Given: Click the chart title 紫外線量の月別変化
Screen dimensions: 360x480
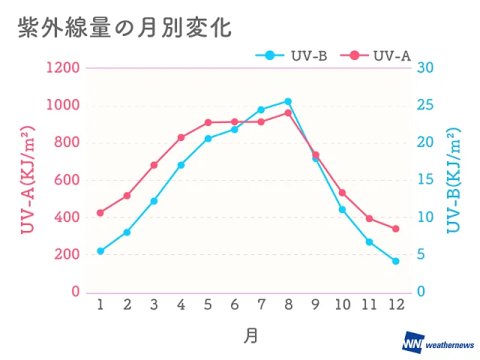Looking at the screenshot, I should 124,28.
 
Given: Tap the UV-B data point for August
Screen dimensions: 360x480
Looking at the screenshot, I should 288,101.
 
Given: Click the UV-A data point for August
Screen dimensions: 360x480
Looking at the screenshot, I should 288,112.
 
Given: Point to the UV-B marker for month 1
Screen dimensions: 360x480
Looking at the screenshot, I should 100,251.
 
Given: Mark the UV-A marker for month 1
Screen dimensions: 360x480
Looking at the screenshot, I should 100,213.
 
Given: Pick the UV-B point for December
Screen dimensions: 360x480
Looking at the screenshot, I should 396,261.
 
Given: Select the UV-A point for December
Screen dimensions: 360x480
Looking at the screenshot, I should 396,229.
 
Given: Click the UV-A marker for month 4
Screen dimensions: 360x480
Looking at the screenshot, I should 181,137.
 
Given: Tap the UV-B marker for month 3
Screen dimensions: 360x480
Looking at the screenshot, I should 154,201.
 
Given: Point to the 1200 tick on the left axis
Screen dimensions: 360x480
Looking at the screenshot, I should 64,68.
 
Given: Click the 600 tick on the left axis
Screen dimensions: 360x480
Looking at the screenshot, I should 67,180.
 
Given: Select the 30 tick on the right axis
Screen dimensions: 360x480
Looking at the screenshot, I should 425,68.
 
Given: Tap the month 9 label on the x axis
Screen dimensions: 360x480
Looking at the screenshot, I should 315,304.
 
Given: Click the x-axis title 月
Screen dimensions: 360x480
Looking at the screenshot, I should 250,335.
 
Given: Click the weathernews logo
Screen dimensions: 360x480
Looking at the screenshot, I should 438,343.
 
